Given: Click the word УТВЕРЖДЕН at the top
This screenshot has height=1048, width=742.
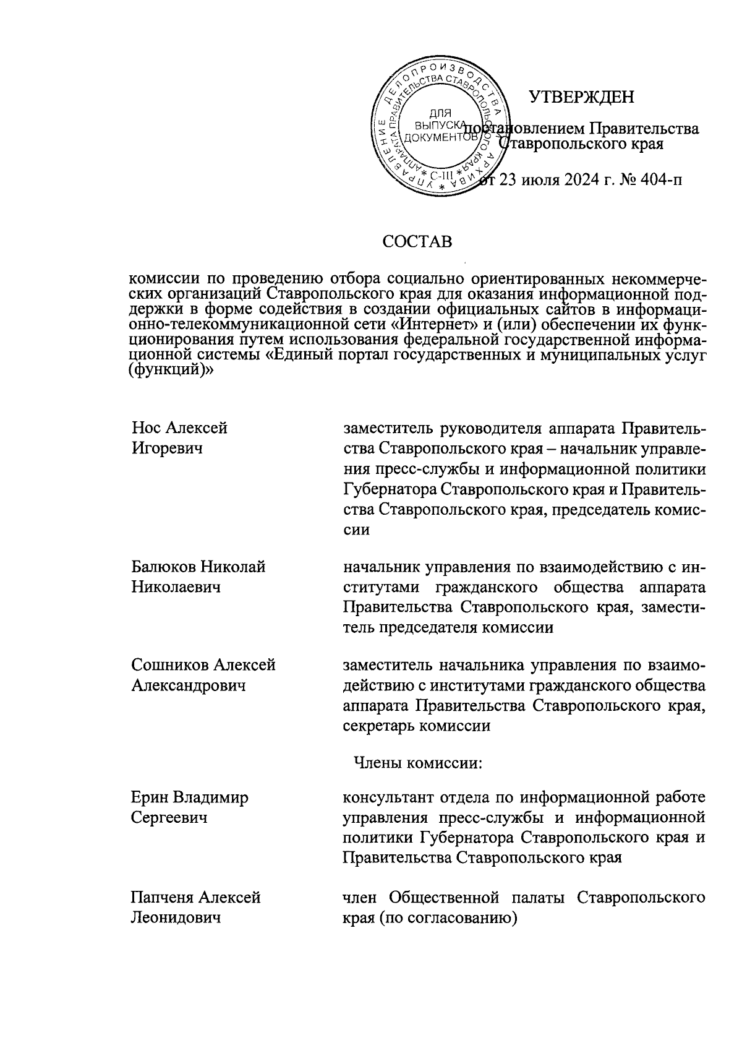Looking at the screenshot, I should pyautogui.click(x=581, y=97).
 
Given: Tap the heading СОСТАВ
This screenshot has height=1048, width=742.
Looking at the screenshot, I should pyautogui.click(x=417, y=241).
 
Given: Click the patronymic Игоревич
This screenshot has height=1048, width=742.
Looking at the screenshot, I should pyautogui.click(x=167, y=448).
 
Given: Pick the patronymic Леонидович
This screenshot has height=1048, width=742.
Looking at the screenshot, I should pyautogui.click(x=176, y=917).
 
